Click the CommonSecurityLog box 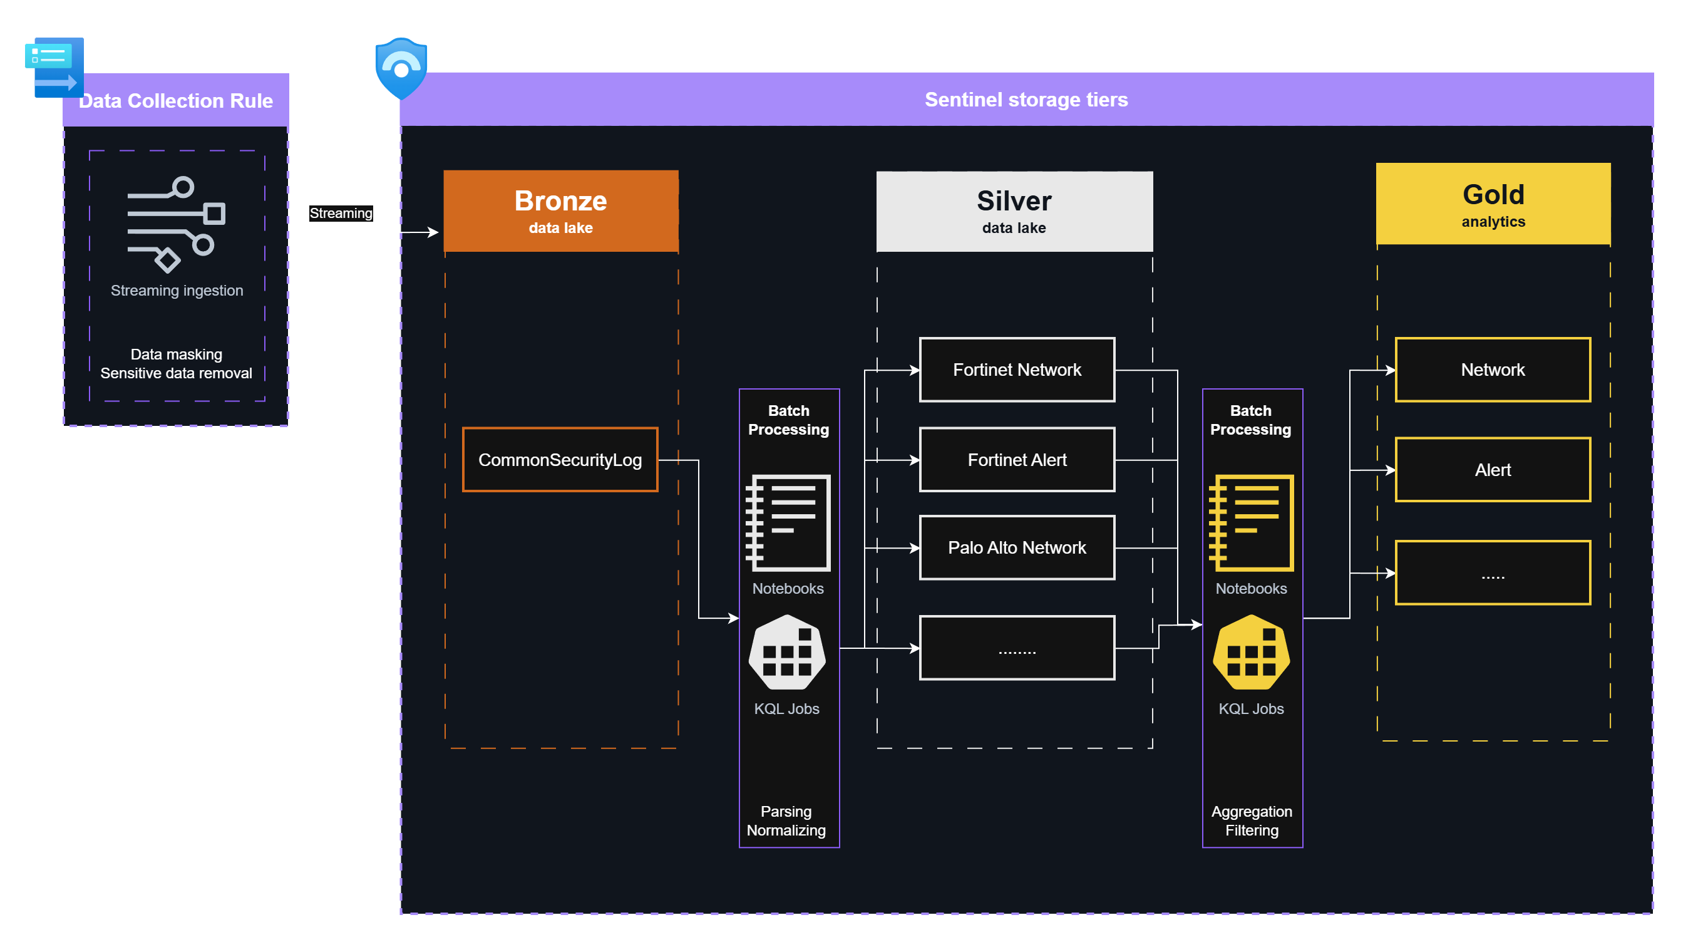(x=560, y=460)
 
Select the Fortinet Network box (x=1017, y=370)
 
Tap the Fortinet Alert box (x=1017, y=460)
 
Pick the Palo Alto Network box (x=1017, y=547)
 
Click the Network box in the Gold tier (x=1493, y=370)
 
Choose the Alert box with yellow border (x=1493, y=469)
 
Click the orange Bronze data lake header (x=560, y=211)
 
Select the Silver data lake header (x=1014, y=211)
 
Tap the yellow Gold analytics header (x=1493, y=204)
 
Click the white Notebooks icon (x=788, y=522)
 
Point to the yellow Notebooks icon (x=1251, y=522)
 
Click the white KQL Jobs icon (x=787, y=653)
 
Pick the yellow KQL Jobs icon (x=1251, y=653)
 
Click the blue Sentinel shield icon (x=401, y=68)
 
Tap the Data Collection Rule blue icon (x=55, y=68)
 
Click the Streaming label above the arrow (x=341, y=213)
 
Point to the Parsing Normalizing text (x=786, y=820)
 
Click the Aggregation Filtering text (x=1252, y=820)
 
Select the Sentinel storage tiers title (x=1026, y=99)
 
